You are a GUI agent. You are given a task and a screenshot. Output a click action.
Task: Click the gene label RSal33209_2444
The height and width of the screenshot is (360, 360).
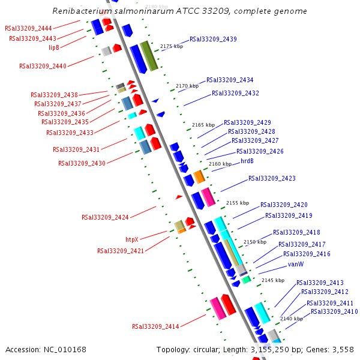tap(28, 28)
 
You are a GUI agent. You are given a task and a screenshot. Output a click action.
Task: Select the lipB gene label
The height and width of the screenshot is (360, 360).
tap(54, 47)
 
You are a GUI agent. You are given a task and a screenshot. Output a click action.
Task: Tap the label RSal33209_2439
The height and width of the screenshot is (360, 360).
tap(213, 39)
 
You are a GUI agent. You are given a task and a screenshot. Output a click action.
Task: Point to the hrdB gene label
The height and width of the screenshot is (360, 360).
tap(247, 161)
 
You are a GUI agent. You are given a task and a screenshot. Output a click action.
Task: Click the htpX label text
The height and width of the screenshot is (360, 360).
tap(131, 239)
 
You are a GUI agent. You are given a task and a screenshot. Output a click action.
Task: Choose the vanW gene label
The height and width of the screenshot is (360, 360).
tap(296, 264)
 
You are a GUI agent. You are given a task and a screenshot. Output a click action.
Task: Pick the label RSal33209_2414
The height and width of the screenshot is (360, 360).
tap(155, 326)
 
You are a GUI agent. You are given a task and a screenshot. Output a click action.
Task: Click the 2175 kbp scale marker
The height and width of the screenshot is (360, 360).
tap(171, 46)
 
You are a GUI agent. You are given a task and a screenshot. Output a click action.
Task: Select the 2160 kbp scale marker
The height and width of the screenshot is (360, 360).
tap(220, 164)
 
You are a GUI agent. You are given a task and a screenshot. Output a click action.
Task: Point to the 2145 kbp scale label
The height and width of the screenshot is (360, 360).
tap(273, 280)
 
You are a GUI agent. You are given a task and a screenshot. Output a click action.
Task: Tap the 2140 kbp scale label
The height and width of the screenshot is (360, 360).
tap(292, 319)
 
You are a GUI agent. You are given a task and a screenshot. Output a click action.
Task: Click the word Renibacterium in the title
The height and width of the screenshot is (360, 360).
tap(80, 11)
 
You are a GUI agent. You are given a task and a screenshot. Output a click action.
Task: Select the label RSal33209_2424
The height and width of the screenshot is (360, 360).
tap(105, 217)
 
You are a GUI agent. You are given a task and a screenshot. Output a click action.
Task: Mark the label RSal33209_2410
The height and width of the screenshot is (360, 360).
tap(334, 311)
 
